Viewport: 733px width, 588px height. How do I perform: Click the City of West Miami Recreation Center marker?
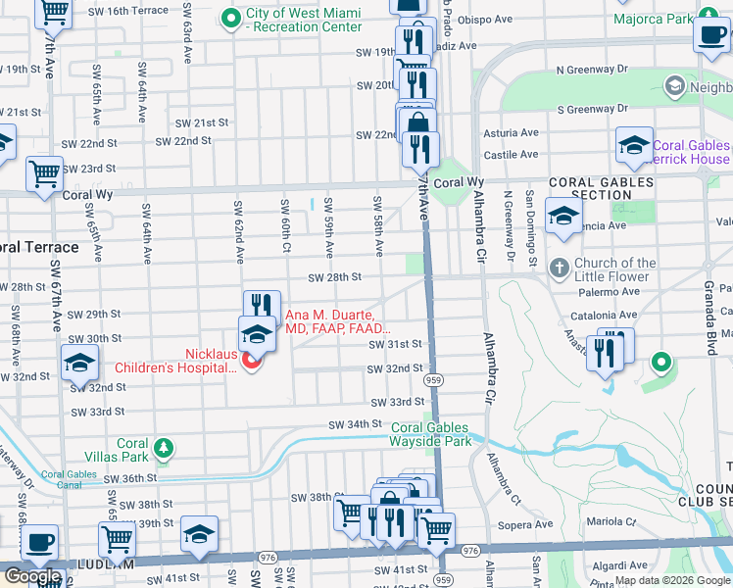click(x=231, y=18)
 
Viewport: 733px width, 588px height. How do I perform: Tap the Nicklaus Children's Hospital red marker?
click(x=252, y=362)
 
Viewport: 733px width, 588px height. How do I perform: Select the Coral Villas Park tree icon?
click(x=166, y=449)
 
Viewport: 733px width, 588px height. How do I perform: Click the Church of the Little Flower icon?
click(x=559, y=269)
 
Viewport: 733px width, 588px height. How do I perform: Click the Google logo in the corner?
click(x=32, y=577)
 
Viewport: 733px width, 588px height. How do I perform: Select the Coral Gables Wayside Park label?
click(x=431, y=434)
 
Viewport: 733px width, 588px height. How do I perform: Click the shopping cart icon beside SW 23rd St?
click(x=44, y=174)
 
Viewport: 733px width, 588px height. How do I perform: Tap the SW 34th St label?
click(x=354, y=424)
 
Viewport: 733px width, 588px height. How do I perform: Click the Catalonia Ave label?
click(x=597, y=316)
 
